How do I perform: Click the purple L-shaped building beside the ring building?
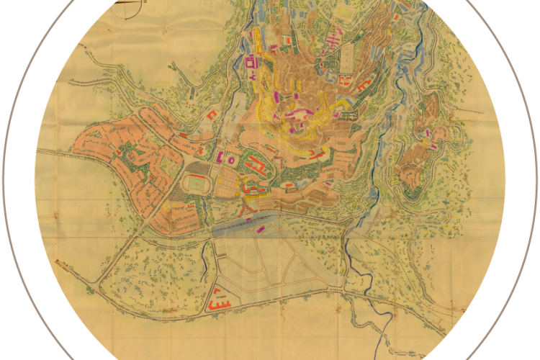pyautogui.click(x=217, y=156)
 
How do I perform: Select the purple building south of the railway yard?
pyautogui.click(x=260, y=229)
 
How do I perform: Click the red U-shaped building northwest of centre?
pyautogui.click(x=212, y=114)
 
